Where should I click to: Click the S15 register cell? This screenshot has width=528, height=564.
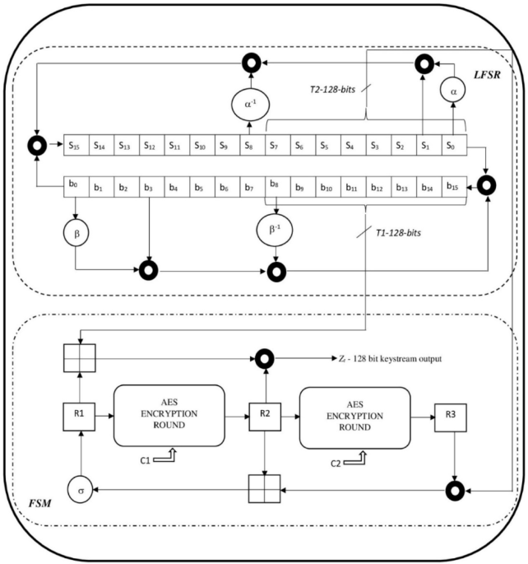(x=77, y=144)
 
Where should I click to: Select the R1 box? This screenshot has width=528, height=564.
(x=77, y=417)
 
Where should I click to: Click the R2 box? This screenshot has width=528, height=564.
(x=263, y=417)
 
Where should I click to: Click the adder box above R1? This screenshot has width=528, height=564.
(x=77, y=359)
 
